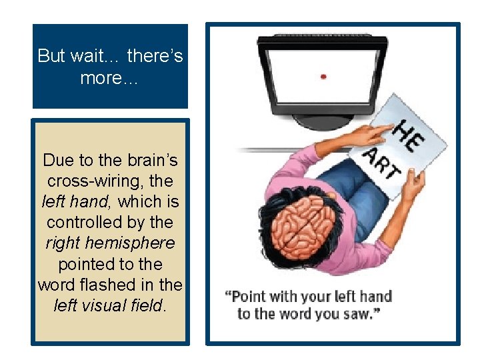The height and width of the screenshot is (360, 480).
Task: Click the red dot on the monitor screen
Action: (323, 77)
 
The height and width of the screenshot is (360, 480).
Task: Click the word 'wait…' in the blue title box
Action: (95, 55)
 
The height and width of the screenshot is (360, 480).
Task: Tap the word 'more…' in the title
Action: (109, 77)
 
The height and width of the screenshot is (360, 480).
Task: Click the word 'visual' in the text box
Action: (111, 305)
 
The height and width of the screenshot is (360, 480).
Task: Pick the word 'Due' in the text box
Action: (57, 160)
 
